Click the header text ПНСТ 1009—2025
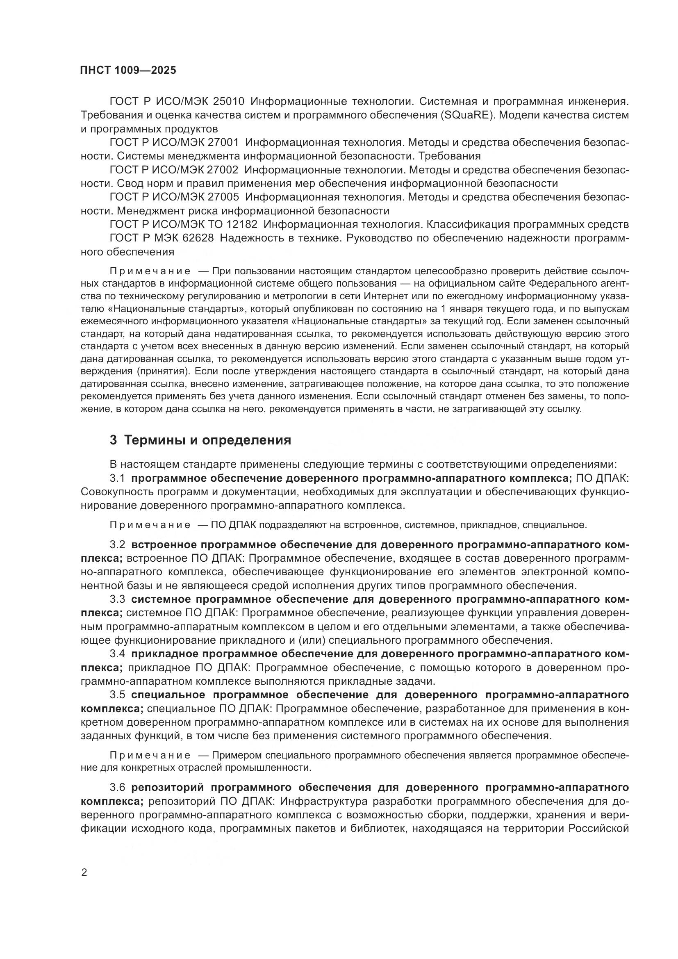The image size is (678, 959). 128,70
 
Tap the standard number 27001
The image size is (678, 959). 223,142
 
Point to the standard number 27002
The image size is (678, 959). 223,170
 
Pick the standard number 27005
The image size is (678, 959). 223,197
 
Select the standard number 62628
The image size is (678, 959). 198,238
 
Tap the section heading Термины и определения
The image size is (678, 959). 208,440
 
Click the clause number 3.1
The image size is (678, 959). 117,478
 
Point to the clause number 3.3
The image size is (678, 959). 117,599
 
